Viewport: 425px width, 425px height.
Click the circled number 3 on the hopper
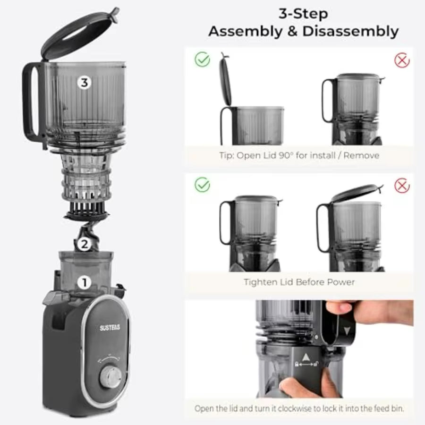point(84,83)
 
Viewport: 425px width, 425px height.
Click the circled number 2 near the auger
point(84,244)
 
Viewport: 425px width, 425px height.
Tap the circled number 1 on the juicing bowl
point(84,283)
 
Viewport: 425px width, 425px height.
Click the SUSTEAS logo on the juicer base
point(109,328)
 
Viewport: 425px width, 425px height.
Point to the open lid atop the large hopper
point(78,33)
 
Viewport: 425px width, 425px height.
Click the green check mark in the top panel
point(202,60)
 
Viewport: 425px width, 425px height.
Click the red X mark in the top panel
point(402,60)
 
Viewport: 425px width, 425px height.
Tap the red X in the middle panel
point(402,185)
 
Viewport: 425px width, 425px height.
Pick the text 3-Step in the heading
point(303,13)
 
